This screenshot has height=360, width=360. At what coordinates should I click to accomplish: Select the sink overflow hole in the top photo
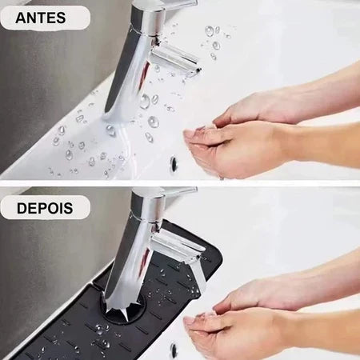[174, 163]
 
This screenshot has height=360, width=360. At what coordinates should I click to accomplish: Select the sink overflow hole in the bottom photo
[174, 350]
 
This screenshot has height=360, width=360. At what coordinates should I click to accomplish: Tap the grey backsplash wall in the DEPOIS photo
[40, 264]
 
